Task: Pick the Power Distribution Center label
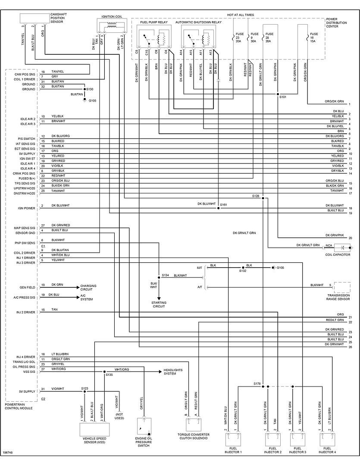pyautogui.click(x=337, y=22)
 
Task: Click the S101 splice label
pyautogui.click(x=283, y=98)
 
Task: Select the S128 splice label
pyautogui.click(x=256, y=196)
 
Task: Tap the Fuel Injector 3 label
pyautogui.click(x=297, y=450)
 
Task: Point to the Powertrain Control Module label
pyautogui.click(x=20, y=406)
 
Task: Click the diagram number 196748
pyautogui.click(x=8, y=453)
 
